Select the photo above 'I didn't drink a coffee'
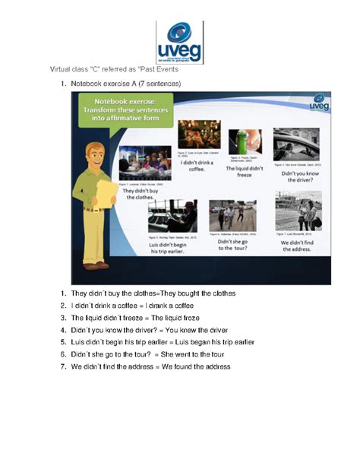199,135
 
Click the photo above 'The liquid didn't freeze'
245,142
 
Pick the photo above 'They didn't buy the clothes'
145,163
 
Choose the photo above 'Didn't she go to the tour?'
232,216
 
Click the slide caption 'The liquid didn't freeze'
245,173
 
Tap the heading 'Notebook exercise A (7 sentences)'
126,83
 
